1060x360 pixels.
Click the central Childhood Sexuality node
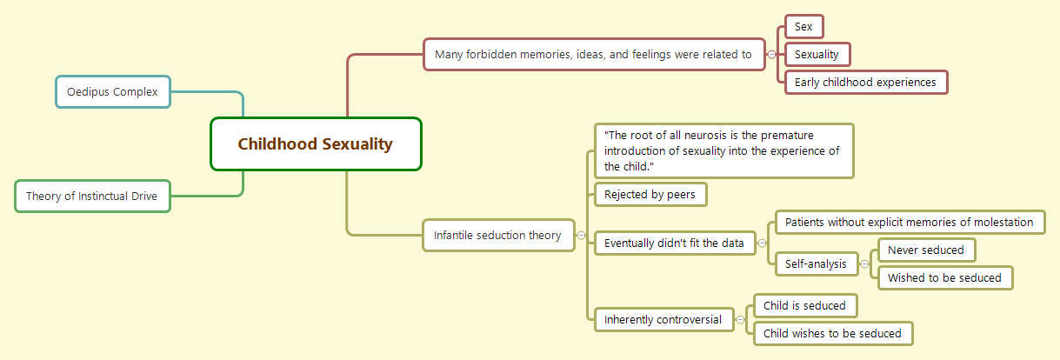[316, 144]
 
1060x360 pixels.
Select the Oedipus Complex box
[113, 91]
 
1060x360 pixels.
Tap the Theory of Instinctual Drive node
[92, 196]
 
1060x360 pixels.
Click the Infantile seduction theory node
[498, 235]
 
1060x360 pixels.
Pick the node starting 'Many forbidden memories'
[593, 54]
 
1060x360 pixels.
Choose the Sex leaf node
[803, 27]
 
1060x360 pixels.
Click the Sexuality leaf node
[817, 55]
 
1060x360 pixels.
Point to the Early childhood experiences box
[865, 83]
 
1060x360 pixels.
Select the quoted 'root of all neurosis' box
[723, 150]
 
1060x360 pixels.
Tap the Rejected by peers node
[650, 195]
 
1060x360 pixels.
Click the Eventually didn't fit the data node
[675, 243]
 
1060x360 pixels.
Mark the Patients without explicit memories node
[910, 223]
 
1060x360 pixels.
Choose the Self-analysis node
[816, 263]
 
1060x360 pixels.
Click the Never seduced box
[926, 250]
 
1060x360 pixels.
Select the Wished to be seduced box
[945, 278]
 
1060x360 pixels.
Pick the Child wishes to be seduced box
[833, 333]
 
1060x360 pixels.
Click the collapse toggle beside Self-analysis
[864, 263]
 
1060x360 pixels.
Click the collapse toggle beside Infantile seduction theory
[581, 235]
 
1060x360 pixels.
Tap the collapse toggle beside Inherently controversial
[740, 319]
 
